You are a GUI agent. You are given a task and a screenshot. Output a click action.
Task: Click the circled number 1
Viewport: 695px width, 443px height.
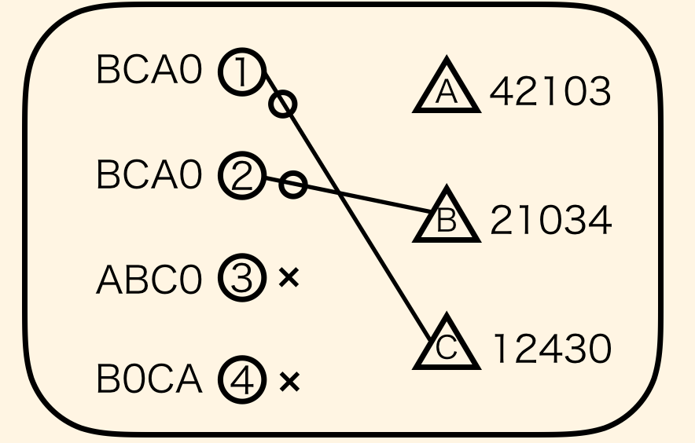[241, 71]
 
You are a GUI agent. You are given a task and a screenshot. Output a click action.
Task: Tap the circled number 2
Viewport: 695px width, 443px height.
[241, 175]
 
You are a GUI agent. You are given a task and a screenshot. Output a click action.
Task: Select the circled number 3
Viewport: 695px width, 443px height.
[241, 278]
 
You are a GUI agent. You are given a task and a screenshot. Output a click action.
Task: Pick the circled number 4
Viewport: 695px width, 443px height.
[241, 382]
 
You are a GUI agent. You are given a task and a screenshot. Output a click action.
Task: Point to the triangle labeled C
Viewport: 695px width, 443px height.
[446, 346]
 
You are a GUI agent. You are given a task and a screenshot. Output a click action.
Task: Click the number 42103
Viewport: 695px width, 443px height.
[550, 93]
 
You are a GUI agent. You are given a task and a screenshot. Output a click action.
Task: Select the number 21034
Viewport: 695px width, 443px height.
[550, 221]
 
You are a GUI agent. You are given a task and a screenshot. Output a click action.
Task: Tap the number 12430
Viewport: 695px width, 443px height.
[550, 349]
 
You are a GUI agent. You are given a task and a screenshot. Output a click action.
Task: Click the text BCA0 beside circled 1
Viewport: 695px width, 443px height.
[149, 71]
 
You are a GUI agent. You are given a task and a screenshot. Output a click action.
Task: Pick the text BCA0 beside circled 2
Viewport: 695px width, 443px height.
[149, 175]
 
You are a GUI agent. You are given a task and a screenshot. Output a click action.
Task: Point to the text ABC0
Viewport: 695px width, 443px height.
[149, 280]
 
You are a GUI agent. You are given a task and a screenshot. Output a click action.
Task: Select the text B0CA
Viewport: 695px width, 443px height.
[149, 380]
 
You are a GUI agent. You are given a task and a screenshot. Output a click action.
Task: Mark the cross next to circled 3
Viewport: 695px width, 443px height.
[289, 277]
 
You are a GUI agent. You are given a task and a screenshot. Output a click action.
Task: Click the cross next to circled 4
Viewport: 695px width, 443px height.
[289, 382]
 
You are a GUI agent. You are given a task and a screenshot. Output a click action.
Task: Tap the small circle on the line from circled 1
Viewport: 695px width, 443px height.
[283, 104]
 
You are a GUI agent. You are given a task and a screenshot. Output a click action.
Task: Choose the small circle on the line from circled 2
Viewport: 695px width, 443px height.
[292, 185]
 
